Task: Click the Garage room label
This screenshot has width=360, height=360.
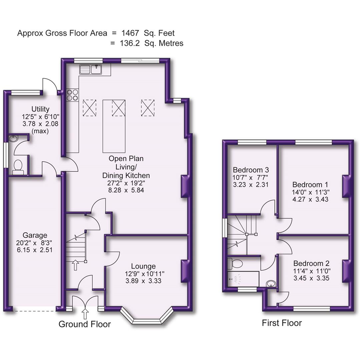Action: tap(35, 235)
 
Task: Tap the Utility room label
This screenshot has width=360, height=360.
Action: tap(40, 109)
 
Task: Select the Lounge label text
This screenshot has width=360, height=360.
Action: tap(143, 266)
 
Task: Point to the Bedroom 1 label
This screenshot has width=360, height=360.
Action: tap(307, 185)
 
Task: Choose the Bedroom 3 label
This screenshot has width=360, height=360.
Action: tap(251, 169)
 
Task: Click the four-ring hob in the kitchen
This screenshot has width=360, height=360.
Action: tap(72, 95)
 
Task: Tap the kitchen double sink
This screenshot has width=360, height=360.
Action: tap(91, 70)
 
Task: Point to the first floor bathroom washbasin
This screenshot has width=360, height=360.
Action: tap(271, 284)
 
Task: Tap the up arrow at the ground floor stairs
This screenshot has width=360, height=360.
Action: tap(75, 265)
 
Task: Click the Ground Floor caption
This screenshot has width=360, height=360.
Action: tap(84, 324)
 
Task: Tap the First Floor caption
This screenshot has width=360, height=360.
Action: tap(282, 323)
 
